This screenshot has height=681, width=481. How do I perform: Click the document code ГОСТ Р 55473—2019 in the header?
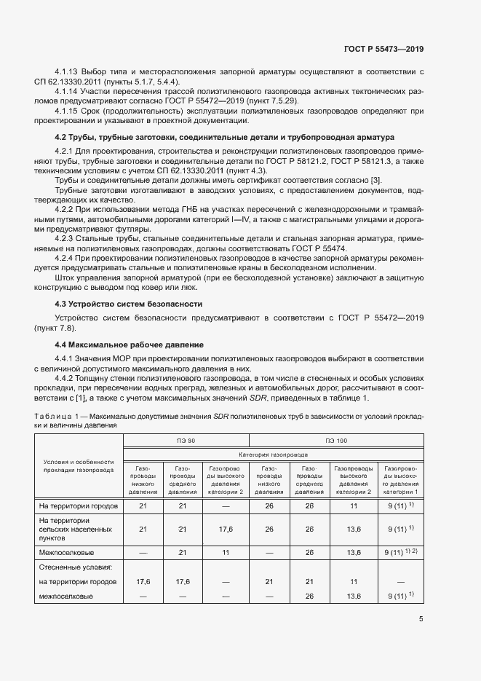coord(383,49)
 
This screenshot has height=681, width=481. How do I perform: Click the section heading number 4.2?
coord(63,136)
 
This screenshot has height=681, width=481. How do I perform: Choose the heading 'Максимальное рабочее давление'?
coord(136,344)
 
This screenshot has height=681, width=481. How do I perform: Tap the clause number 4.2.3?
coord(66,237)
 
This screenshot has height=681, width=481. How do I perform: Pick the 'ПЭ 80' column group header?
coord(186,441)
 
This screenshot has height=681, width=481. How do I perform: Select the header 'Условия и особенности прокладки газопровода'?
coord(79,466)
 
